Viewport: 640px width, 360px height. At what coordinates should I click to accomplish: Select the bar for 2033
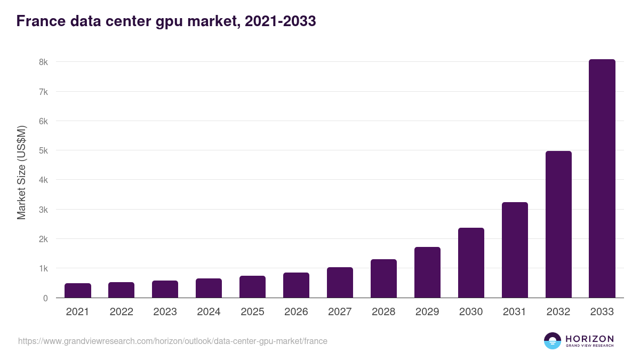pos(602,179)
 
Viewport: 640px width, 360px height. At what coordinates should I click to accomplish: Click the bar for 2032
pos(558,225)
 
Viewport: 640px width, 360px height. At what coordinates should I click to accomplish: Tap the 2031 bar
pos(515,250)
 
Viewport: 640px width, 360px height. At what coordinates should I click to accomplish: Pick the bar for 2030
pos(471,263)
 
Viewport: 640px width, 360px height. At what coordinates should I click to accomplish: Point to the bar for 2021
pos(78,291)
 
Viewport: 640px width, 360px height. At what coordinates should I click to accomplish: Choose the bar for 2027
pos(340,283)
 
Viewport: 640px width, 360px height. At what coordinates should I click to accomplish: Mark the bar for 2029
pos(427,273)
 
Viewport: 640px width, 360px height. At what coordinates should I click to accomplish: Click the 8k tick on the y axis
pos(43,62)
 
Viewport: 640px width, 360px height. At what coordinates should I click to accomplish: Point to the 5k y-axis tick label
pos(43,150)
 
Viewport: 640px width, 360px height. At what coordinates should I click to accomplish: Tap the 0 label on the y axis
pos(45,298)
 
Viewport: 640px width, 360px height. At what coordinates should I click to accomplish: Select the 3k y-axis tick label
pos(43,210)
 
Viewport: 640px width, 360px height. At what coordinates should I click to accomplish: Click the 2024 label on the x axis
pos(209,312)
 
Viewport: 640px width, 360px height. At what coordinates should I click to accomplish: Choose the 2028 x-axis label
pos(383,312)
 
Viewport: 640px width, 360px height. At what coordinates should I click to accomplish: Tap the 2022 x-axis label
pos(121,312)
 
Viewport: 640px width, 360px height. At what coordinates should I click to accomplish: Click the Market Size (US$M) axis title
pos(21,173)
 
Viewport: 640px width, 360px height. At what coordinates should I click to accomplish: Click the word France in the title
pos(41,21)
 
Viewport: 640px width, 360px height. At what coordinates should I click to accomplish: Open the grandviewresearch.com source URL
pos(173,341)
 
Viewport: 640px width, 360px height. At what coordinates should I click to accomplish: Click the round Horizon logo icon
pos(553,341)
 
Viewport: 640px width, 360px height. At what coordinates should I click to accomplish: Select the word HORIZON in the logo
pos(589,339)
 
